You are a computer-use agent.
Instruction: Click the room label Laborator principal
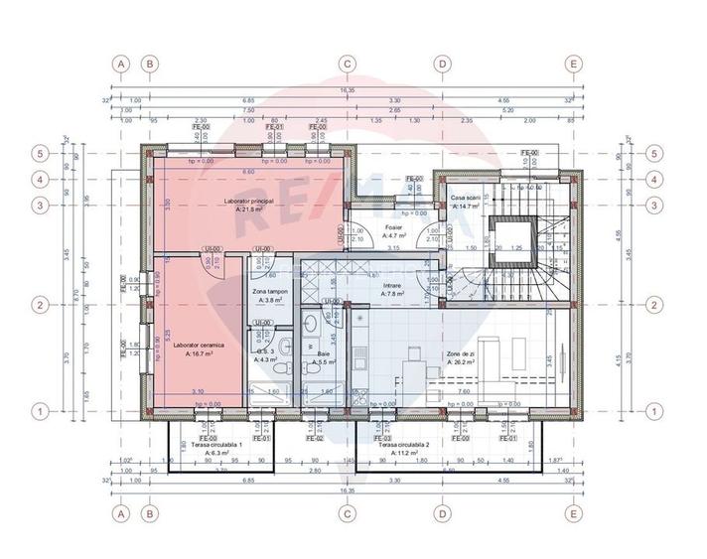point(249,201)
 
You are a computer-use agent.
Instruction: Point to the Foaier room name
point(393,227)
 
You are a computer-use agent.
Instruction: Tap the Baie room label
point(324,354)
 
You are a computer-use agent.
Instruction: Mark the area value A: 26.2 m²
point(463,362)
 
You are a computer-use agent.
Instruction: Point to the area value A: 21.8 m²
point(249,210)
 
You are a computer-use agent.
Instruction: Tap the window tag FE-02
point(314,438)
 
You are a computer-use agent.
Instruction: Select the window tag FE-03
point(379,438)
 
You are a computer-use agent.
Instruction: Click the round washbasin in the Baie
point(310,323)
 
